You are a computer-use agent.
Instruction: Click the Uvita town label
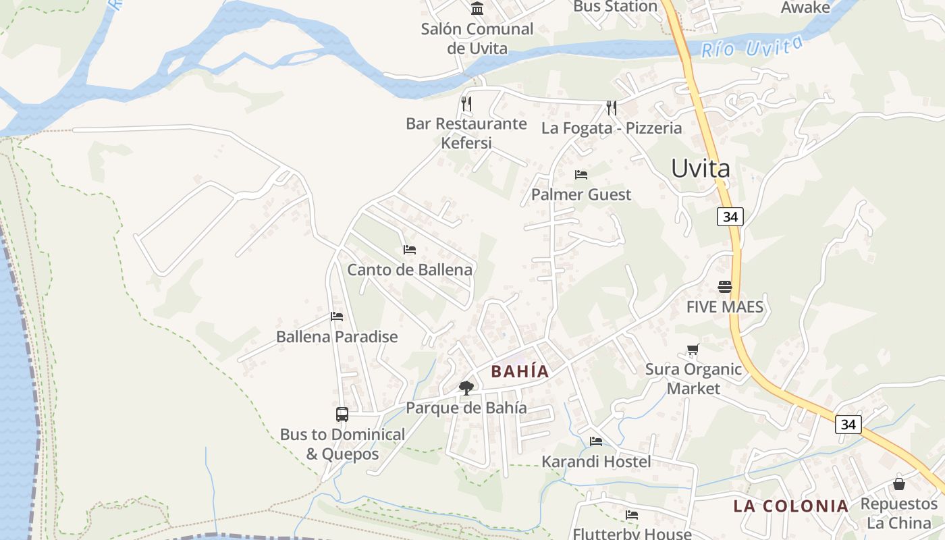click(x=700, y=169)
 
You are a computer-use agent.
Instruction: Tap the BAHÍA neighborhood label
click(x=520, y=371)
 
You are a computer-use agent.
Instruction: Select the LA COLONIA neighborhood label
click(x=790, y=506)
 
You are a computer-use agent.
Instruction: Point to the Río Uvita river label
click(x=752, y=47)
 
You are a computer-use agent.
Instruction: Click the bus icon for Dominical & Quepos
click(x=342, y=414)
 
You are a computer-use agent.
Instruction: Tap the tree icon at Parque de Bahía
click(x=466, y=387)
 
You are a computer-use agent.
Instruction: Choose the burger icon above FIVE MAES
click(x=725, y=287)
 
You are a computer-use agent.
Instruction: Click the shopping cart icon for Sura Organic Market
click(x=693, y=350)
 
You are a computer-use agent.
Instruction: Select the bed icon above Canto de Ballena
click(x=409, y=250)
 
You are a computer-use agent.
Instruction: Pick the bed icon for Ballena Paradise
click(x=337, y=317)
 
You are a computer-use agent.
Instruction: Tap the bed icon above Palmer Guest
click(x=580, y=175)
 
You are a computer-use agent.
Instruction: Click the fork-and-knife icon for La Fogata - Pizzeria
click(x=612, y=107)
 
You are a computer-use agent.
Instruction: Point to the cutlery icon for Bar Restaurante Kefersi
click(x=466, y=103)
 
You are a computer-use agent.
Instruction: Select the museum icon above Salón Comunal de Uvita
click(x=477, y=8)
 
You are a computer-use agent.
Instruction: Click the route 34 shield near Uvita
click(x=731, y=217)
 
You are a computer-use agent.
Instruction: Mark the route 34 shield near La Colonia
click(x=848, y=424)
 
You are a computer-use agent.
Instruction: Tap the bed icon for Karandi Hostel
click(x=596, y=441)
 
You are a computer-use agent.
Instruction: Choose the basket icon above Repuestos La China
click(x=899, y=484)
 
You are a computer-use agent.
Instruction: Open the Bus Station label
click(x=615, y=7)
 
